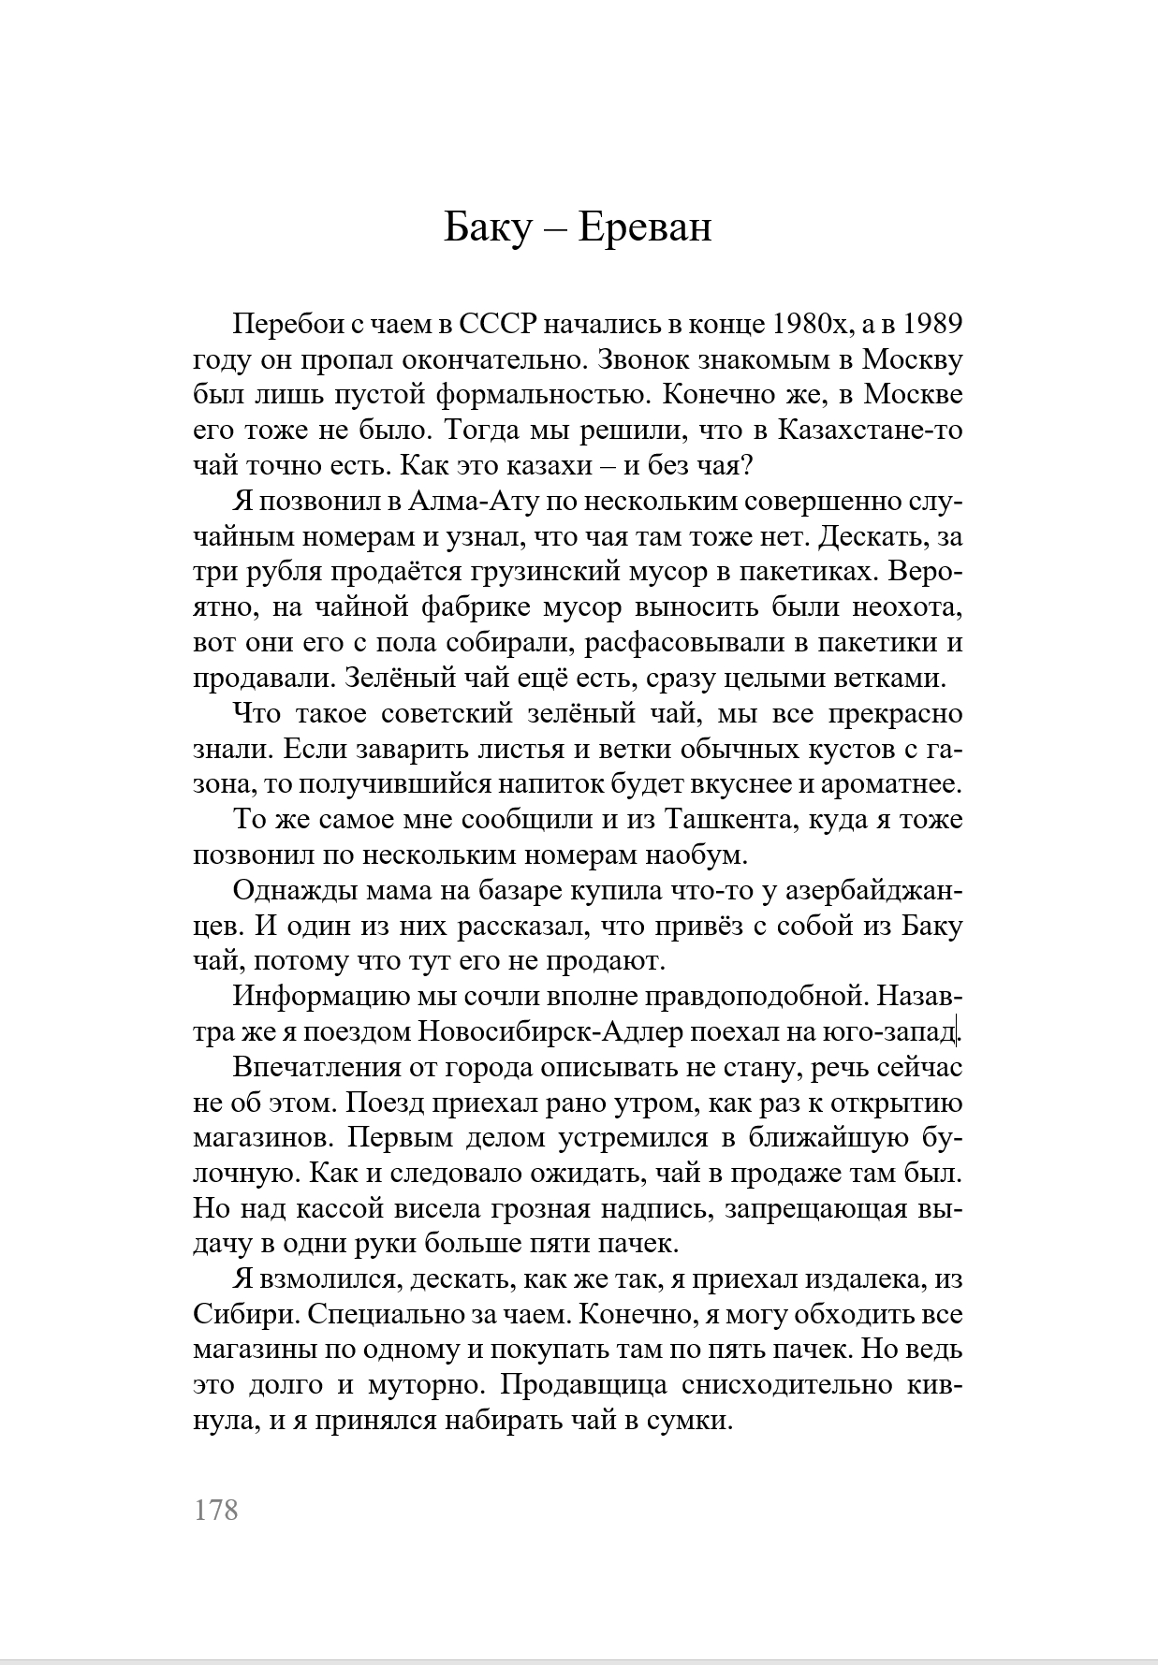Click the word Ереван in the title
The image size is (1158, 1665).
coord(645,228)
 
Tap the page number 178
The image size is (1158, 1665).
coord(216,1510)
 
